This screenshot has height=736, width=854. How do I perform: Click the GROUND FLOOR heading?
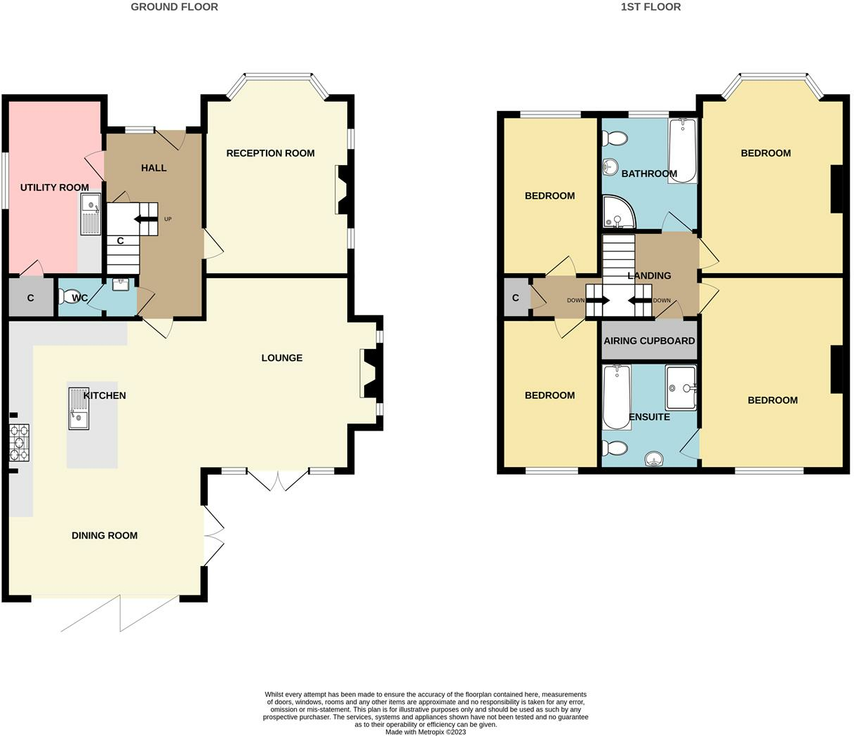(174, 7)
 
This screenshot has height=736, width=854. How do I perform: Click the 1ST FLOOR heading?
(650, 7)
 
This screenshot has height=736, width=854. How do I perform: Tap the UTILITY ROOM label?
(55, 188)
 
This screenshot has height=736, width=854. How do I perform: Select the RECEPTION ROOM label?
(270, 153)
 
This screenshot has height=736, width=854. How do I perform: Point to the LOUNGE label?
(281, 358)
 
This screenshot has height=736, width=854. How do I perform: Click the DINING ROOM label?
(105, 536)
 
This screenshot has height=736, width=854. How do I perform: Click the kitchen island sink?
(78, 408)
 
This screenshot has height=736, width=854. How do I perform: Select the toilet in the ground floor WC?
(70, 298)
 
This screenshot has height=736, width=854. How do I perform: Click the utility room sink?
(90, 214)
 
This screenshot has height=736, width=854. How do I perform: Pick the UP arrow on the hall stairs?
(147, 219)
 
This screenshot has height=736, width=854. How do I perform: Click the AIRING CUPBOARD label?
(649, 341)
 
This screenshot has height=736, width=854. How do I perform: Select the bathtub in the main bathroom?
(682, 150)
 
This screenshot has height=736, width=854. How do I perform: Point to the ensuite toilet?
(615, 448)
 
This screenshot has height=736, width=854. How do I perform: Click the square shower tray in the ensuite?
(680, 387)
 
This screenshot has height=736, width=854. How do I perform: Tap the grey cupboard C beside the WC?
(30, 298)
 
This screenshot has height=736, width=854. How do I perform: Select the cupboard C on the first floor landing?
(516, 298)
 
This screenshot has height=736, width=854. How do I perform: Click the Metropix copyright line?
(426, 732)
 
